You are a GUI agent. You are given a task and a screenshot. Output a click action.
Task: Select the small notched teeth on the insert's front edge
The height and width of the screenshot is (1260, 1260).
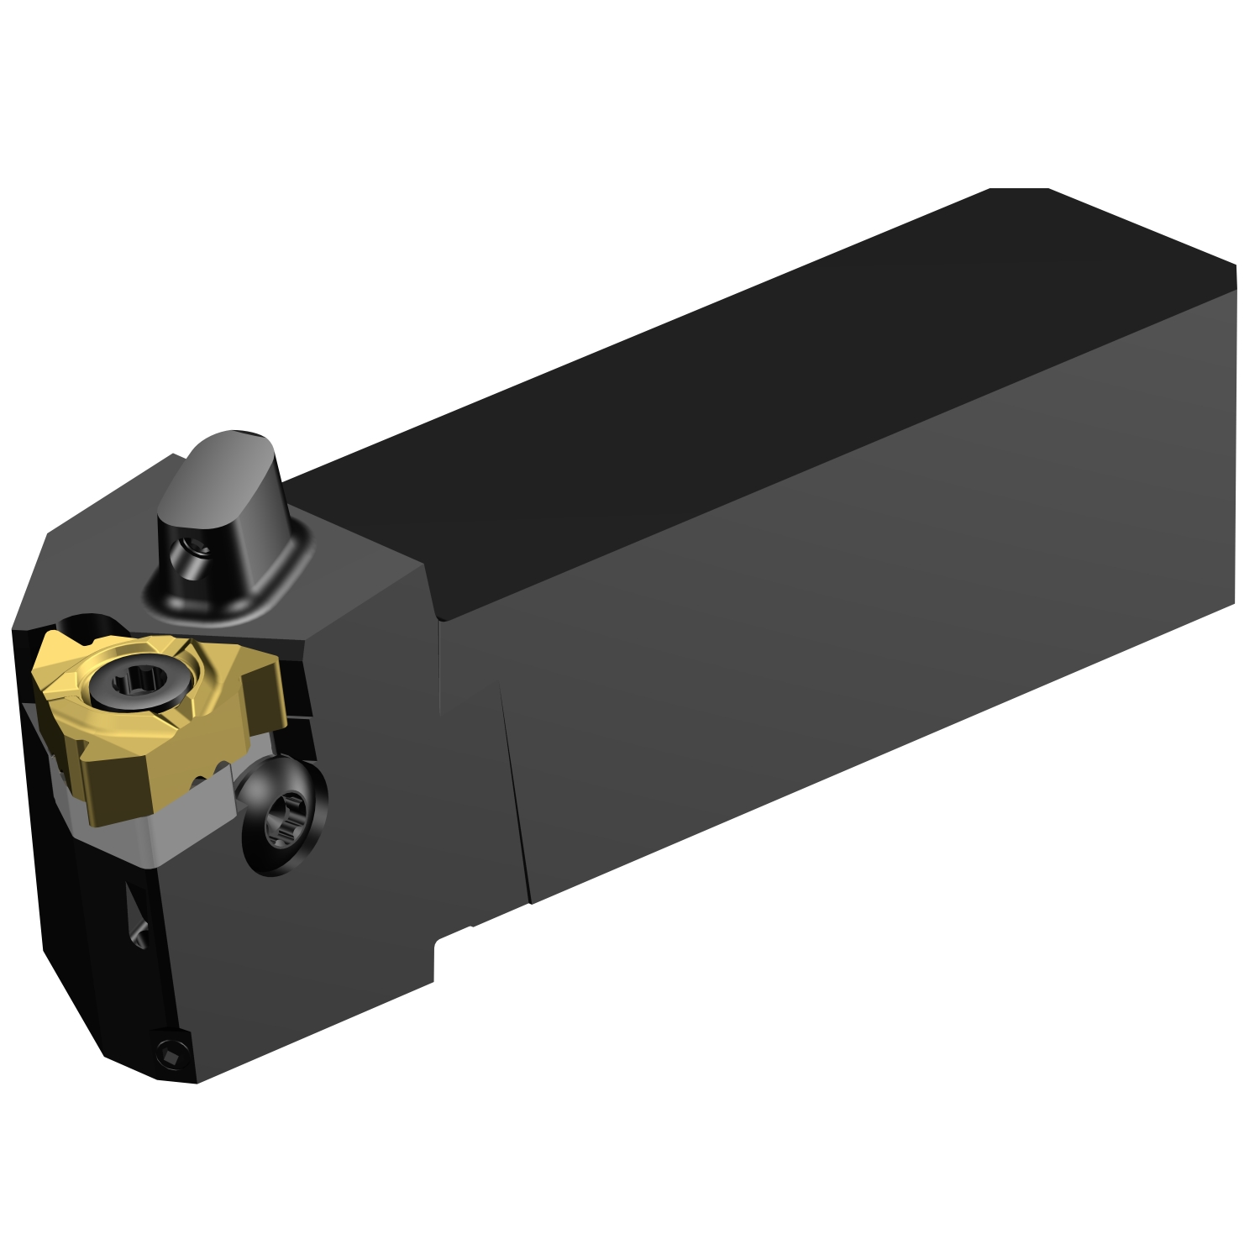(214, 774)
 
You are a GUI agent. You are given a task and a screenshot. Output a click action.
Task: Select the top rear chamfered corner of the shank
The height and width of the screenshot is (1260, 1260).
(1021, 191)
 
